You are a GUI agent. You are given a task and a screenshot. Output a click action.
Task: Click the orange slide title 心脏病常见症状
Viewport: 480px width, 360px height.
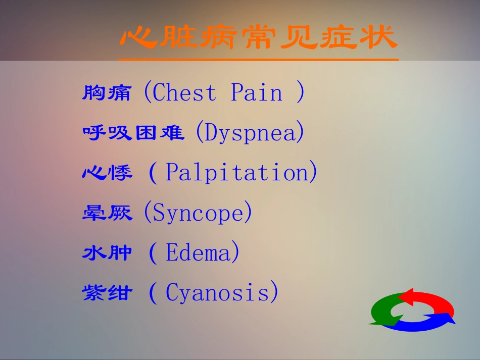coord(259,37)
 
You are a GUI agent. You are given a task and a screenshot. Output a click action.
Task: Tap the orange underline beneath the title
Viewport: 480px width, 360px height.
coord(259,60)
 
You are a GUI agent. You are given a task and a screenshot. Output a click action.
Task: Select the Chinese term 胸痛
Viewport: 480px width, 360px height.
coord(107,93)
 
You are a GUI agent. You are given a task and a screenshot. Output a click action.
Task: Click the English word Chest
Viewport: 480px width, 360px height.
coord(184,92)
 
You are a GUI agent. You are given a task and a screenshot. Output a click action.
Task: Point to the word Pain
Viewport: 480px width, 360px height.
coord(257,92)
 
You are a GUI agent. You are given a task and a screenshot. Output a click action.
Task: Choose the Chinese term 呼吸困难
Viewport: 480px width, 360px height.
coord(133,133)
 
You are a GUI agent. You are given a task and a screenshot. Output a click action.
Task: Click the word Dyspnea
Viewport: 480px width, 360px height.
coord(250,132)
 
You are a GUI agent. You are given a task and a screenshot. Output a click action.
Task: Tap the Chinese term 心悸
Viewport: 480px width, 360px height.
coord(107,173)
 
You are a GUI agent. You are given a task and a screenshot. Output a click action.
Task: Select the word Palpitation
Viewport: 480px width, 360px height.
coord(237,173)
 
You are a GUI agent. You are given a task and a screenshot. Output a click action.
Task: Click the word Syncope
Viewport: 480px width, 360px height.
coord(198,213)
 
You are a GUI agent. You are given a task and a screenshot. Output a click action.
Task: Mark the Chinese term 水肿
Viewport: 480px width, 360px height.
coord(107,252)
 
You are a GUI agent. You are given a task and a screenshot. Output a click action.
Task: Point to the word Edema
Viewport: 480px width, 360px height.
coord(198,252)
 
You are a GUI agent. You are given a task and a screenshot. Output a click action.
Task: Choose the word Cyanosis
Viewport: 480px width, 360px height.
coord(217,293)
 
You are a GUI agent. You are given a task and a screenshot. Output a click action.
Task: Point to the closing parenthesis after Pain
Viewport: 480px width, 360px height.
coord(300,92)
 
